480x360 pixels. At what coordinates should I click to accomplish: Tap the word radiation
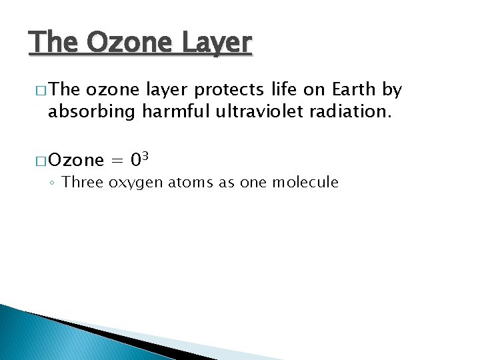point(348,111)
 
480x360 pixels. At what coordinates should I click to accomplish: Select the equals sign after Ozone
point(117,161)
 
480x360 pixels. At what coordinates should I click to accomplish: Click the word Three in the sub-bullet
point(83,182)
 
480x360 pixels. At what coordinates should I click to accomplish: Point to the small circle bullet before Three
point(54,183)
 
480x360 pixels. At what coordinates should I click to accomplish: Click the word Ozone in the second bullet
point(77,160)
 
